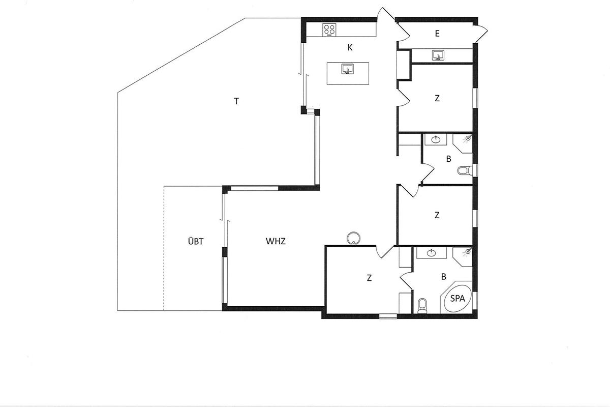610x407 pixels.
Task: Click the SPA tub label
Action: click(x=457, y=299)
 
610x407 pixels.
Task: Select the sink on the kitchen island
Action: click(x=348, y=69)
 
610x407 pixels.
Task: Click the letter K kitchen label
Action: click(x=350, y=48)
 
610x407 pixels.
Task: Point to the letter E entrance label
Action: click(x=437, y=34)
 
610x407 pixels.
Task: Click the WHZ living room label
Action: click(x=276, y=241)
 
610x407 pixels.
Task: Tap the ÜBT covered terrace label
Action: click(x=196, y=241)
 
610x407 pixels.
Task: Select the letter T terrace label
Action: click(x=236, y=101)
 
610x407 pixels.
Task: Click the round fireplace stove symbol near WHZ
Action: click(x=353, y=238)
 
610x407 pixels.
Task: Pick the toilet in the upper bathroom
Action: click(x=465, y=170)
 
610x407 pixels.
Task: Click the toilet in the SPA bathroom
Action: click(x=422, y=306)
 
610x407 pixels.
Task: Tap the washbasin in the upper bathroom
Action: click(x=436, y=139)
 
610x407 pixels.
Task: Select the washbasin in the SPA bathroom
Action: click(x=432, y=253)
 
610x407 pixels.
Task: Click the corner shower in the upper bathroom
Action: click(x=464, y=142)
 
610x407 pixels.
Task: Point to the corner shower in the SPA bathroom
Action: click(x=464, y=256)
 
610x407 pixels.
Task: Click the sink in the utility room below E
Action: click(x=438, y=55)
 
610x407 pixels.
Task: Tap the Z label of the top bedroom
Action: click(x=437, y=98)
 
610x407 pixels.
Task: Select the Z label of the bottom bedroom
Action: click(x=369, y=278)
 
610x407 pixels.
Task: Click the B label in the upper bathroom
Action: click(x=448, y=159)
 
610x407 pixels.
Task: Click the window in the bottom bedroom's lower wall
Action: click(x=388, y=316)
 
